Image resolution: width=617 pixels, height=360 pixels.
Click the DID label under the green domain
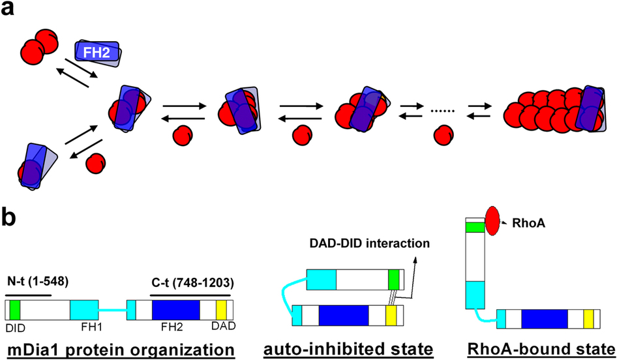point(16,325)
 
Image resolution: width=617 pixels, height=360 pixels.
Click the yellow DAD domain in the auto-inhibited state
point(391,316)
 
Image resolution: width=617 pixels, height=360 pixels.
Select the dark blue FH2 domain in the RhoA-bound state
point(544,319)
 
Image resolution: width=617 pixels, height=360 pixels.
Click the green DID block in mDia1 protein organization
point(16,309)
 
